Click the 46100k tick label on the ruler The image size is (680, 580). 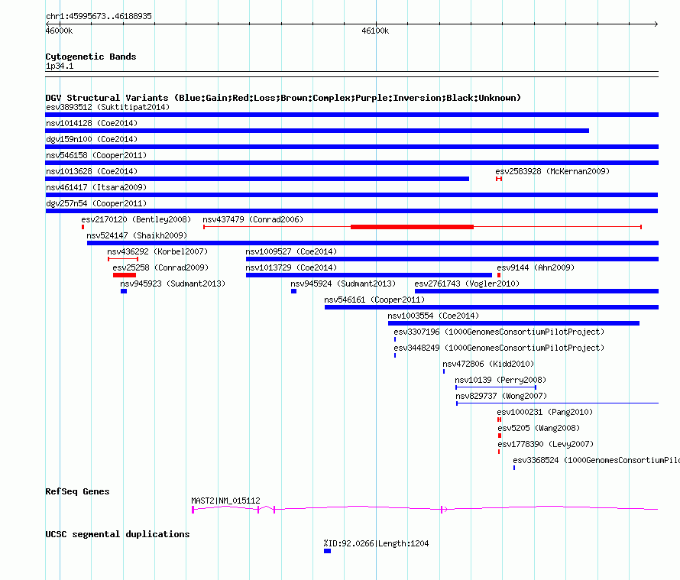click(x=375, y=31)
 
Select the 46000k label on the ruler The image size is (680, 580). click(x=59, y=31)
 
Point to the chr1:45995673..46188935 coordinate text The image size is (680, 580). click(x=99, y=16)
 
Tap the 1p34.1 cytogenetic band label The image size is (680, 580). click(x=60, y=66)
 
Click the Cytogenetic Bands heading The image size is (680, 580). click(x=91, y=57)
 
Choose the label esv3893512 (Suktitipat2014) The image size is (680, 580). click(x=108, y=107)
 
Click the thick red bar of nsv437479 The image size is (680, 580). click(x=412, y=227)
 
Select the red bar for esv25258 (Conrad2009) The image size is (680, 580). click(x=125, y=275)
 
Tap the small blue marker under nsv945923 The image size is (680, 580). click(x=124, y=291)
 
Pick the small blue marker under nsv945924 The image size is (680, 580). click(x=293, y=291)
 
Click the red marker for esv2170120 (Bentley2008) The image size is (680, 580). click(x=83, y=227)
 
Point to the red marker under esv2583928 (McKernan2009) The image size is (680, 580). click(x=499, y=179)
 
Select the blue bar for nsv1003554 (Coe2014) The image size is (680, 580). click(x=513, y=323)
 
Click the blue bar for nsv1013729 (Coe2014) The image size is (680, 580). click(x=368, y=275)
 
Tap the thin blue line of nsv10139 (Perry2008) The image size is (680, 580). click(x=496, y=387)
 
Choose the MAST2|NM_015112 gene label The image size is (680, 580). click(x=225, y=501)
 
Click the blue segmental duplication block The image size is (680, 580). click(x=328, y=551)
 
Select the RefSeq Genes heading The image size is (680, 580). click(x=77, y=491)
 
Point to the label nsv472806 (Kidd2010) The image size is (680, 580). click(x=488, y=364)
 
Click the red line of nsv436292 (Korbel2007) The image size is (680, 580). click(x=123, y=259)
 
